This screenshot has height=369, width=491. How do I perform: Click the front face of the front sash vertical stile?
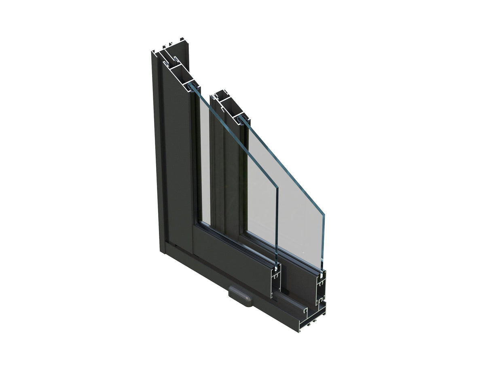pyautogui.click(x=178, y=162)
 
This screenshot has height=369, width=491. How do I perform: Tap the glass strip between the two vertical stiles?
pyautogui.click(x=205, y=162)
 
